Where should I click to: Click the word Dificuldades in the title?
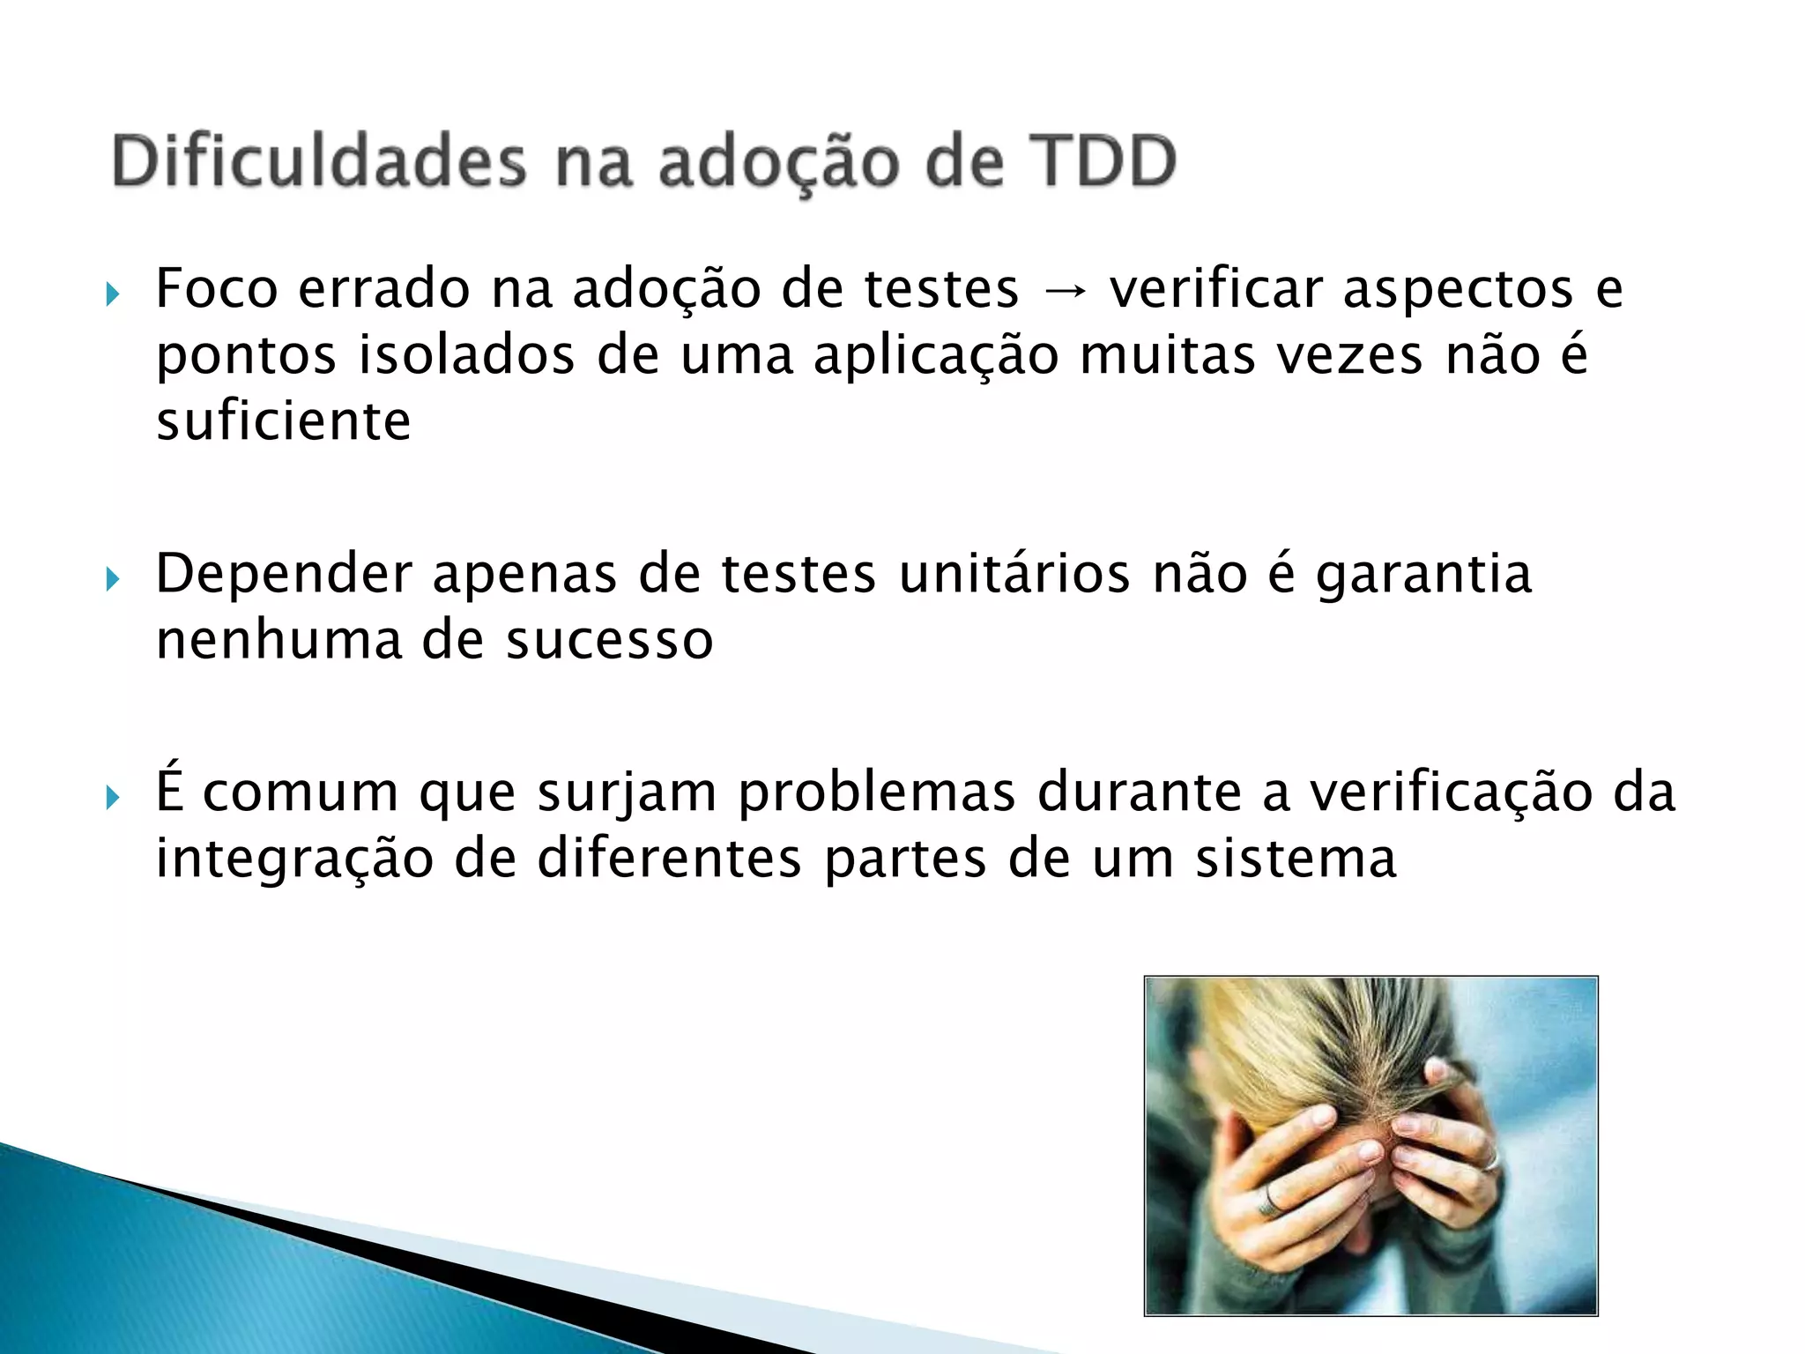pos(319,161)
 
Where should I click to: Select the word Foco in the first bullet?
pos(217,288)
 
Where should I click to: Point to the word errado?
pos(384,288)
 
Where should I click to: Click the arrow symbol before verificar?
pos(1064,290)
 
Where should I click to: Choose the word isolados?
pos(467,354)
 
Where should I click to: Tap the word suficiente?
pos(284,420)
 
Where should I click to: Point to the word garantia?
pos(1424,575)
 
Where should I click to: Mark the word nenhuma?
pos(279,639)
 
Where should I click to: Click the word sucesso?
pos(609,640)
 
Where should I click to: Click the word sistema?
pos(1296,858)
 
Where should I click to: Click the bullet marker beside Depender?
pos(112,579)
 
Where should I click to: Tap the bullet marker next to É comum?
pos(112,798)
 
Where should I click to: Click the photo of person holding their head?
pos(1370,1145)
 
